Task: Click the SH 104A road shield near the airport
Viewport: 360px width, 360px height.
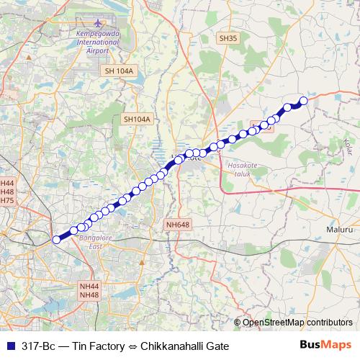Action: (120, 71)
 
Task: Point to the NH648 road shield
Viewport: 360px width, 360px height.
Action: (177, 225)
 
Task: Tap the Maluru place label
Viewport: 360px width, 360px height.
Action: (339, 229)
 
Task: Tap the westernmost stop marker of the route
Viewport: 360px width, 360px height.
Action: (56, 240)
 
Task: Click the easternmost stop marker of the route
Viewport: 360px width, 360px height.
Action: (303, 102)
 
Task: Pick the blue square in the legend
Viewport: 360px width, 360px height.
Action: (10, 346)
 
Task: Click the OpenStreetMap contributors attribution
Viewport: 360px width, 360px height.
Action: (297, 323)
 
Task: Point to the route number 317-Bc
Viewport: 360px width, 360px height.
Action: (39, 346)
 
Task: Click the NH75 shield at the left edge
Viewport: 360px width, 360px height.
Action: (7, 200)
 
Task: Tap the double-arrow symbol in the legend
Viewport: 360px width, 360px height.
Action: (135, 346)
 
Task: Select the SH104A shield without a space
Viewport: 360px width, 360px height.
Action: (138, 120)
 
